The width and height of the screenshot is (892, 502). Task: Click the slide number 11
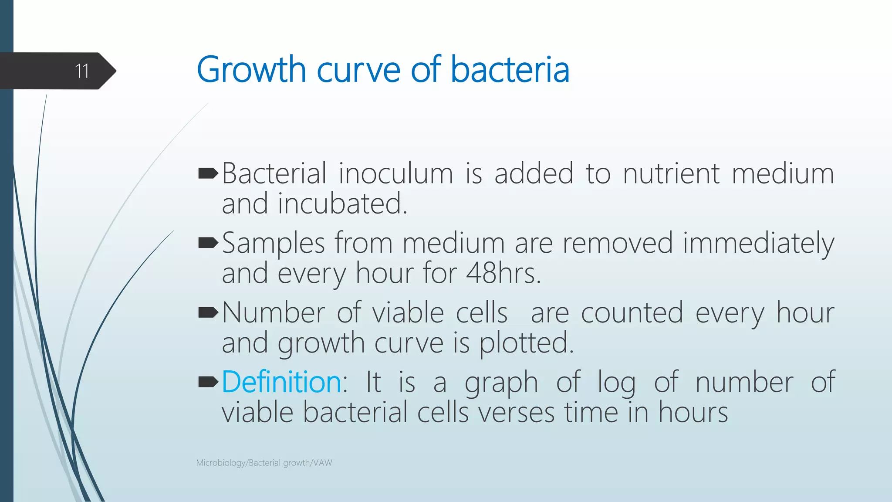point(82,71)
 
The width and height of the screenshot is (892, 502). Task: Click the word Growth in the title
point(251,70)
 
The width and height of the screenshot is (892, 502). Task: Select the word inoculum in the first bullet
point(396,173)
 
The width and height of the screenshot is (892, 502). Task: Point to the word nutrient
point(671,173)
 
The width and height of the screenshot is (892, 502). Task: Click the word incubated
point(342,204)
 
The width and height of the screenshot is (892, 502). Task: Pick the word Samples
point(274,243)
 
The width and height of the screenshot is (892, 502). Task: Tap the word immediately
point(758,243)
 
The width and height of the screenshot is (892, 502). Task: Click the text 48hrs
point(503,273)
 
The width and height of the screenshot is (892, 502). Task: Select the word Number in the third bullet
point(274,313)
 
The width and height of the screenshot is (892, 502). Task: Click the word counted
point(632,313)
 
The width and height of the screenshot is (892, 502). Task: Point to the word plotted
point(526,343)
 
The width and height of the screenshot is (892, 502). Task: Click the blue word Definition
point(281,382)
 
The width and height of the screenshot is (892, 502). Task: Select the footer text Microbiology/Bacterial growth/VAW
point(264,463)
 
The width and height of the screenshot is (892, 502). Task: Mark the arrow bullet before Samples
point(208,243)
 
